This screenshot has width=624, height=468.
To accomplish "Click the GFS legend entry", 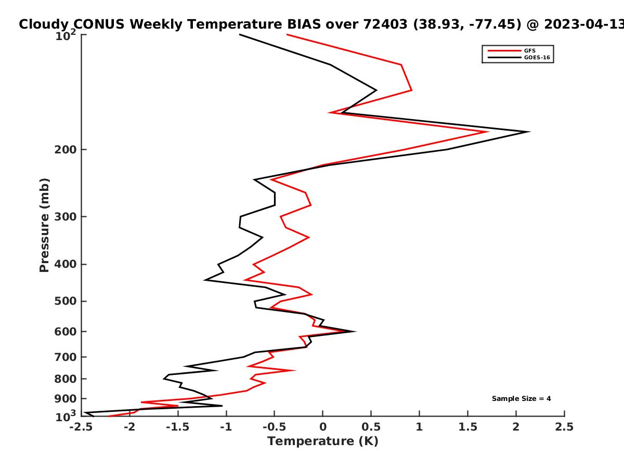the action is [x=512, y=50].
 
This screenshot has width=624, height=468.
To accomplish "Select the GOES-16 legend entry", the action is [x=519, y=57].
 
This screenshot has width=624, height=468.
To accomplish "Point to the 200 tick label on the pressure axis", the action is [x=66, y=149].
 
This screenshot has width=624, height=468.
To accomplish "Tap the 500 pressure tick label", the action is [x=66, y=301].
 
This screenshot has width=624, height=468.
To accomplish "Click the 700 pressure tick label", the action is [x=66, y=357].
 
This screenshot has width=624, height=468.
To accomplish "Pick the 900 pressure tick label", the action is [x=66, y=399].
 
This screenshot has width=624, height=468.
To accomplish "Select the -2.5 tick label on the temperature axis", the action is [x=81, y=427].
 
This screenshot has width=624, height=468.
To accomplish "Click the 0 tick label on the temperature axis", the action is [x=323, y=427].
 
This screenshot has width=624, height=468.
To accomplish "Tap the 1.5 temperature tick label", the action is [x=467, y=427].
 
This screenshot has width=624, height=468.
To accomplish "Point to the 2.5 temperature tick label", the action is [x=564, y=427].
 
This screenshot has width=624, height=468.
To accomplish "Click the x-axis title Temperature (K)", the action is [x=323, y=441].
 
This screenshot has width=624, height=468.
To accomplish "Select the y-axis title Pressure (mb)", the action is [x=44, y=225].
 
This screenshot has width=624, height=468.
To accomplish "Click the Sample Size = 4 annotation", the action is [x=522, y=398].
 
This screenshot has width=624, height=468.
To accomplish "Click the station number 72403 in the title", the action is [x=385, y=24].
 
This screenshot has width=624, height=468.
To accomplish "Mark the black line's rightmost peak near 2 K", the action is [x=529, y=132].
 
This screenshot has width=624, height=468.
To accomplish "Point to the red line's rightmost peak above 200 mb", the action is [x=487, y=132].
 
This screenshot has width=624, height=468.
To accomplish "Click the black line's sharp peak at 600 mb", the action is [x=354, y=331].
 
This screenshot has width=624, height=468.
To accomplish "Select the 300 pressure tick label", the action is [x=66, y=216].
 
